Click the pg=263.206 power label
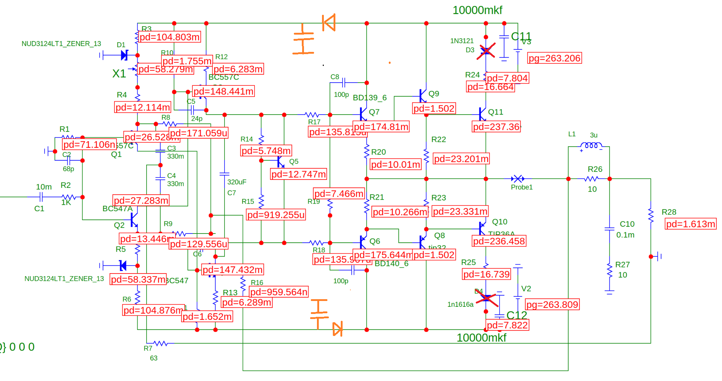pyautogui.click(x=554, y=58)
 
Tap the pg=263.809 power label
pyautogui.click(x=552, y=305)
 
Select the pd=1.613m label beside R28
pyautogui.click(x=691, y=224)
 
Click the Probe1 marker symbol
pyautogui.click(x=518, y=179)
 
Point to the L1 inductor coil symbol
pyautogui.click(x=591, y=146)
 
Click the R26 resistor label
pyautogui.click(x=595, y=169)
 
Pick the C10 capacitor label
pyautogui.click(x=627, y=224)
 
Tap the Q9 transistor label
pyautogui.click(x=434, y=94)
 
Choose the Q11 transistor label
pyautogui.click(x=496, y=112)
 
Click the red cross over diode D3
pyautogui.click(x=486, y=51)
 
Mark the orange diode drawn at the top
pyautogui.click(x=329, y=23)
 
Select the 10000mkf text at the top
pyautogui.click(x=477, y=10)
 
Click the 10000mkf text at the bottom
pyautogui.click(x=481, y=338)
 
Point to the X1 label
pyautogui.click(x=119, y=74)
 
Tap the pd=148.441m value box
pyautogui.click(x=223, y=91)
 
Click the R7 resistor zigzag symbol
pyautogui.click(x=160, y=343)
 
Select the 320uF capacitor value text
pyautogui.click(x=237, y=182)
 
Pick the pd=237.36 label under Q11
pyautogui.click(x=496, y=127)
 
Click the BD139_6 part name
pyautogui.click(x=370, y=98)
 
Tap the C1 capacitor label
pyautogui.click(x=39, y=208)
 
